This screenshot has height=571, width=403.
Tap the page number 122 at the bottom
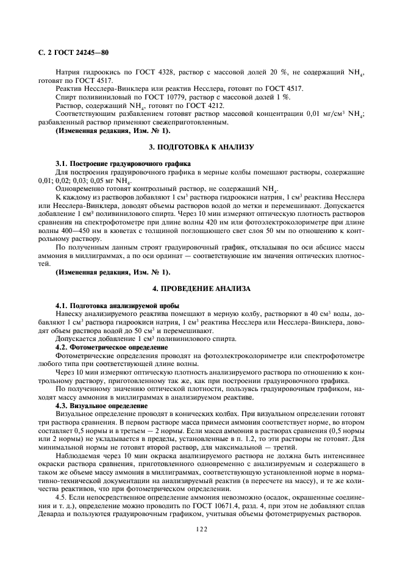click(x=202, y=530)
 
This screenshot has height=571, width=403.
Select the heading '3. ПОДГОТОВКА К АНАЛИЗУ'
click(x=201, y=148)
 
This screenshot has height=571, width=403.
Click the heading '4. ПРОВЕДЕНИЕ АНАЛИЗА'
click(x=201, y=287)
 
